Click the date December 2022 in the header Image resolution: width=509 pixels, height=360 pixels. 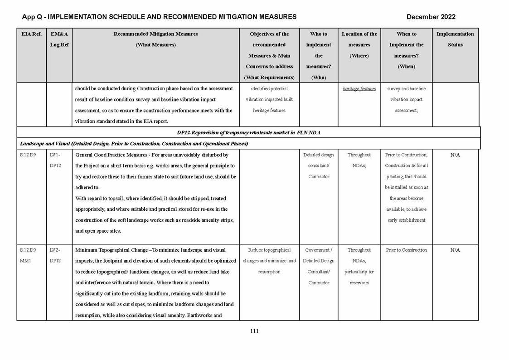[x=431, y=17]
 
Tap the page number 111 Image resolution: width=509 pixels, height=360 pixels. [x=254, y=331]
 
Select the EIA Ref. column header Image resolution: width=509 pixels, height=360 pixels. [x=31, y=34]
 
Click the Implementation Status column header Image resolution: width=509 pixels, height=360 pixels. [x=455, y=39]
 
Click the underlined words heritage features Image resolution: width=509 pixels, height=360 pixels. [x=359, y=89]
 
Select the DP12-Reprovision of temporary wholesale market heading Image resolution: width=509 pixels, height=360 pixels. [x=248, y=132]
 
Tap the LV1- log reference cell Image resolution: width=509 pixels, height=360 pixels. [x=54, y=155]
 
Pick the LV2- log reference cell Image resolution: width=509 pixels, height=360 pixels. [x=54, y=250]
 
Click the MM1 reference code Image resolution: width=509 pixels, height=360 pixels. [x=25, y=261]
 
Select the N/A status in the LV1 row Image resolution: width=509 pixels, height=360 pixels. [x=455, y=155]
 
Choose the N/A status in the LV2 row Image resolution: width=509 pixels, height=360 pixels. [x=455, y=250]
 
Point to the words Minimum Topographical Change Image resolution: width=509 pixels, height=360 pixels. [x=111, y=250]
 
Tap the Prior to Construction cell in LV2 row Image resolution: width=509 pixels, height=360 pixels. [x=406, y=250]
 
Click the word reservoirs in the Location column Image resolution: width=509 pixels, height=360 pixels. [x=359, y=283]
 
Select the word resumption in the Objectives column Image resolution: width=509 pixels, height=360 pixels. [x=269, y=272]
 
